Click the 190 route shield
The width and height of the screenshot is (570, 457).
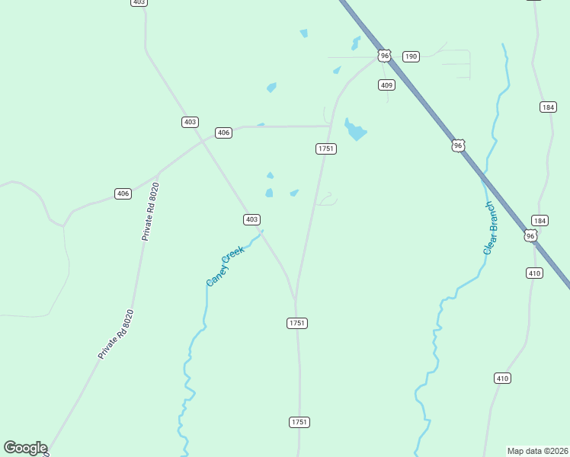(411, 56)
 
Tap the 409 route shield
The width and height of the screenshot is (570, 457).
(386, 85)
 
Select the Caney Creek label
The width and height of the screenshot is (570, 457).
(226, 266)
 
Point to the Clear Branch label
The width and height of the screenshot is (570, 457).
(492, 228)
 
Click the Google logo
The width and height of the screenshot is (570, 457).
(25, 448)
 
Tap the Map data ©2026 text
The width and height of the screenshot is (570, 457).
(538, 451)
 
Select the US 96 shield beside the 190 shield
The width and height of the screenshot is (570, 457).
(385, 56)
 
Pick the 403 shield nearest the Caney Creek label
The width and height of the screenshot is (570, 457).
(251, 219)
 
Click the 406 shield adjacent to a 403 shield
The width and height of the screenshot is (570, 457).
(223, 133)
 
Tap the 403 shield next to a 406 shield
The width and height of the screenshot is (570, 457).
(190, 122)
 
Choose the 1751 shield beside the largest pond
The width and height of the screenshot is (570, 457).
(325, 149)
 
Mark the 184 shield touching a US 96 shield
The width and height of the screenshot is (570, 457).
(540, 221)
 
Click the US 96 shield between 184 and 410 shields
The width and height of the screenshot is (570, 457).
(531, 236)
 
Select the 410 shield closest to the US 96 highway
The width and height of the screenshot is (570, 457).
(534, 273)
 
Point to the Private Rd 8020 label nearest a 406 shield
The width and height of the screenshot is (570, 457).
(151, 212)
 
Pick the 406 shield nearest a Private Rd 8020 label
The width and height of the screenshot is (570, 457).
(123, 193)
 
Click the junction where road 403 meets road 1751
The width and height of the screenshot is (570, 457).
(296, 299)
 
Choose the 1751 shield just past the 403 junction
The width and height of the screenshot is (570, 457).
(297, 323)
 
